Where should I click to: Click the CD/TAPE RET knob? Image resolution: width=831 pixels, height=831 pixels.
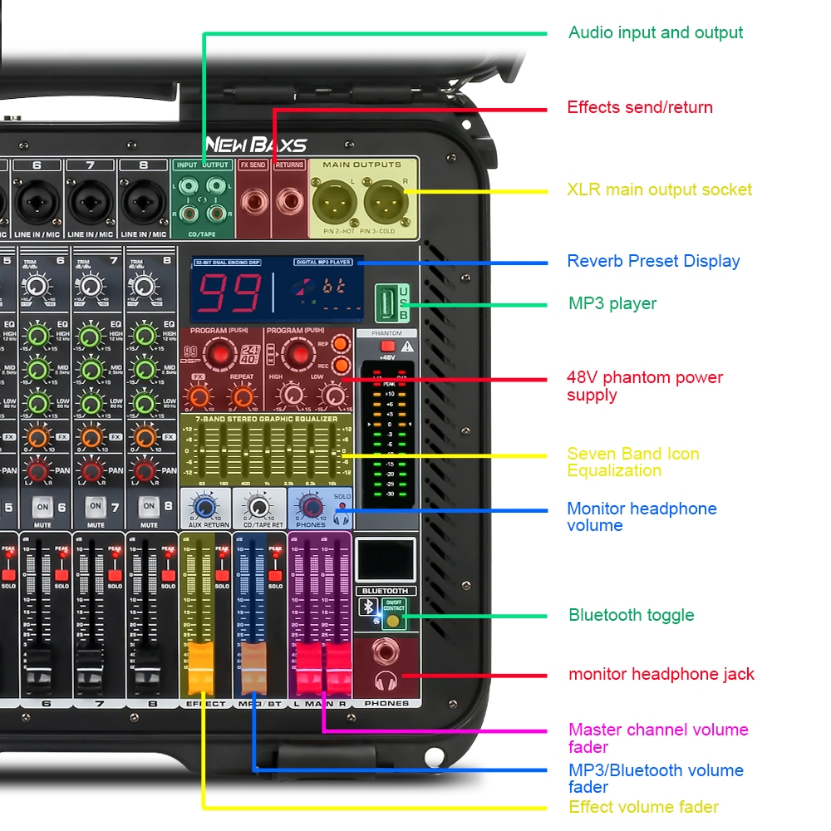coord(258,506)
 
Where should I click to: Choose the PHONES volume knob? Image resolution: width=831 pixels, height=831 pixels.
coord(311,506)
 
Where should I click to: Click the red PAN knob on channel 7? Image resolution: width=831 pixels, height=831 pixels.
coord(91,471)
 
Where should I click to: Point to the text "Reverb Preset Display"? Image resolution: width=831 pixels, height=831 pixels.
coord(653,261)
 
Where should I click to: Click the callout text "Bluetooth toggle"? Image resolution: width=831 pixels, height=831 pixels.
coord(631,615)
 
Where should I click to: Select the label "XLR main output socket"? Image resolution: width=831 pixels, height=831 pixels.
coord(659,189)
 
